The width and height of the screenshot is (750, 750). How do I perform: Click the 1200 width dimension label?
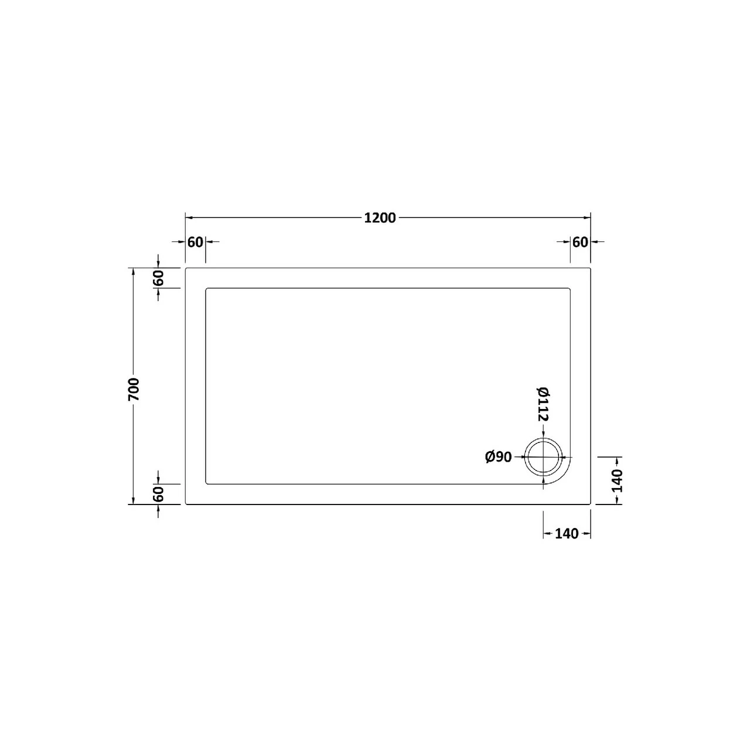point(380,218)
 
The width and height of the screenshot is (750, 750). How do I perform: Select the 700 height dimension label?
point(134,390)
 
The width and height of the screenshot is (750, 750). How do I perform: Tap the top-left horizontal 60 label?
point(196,241)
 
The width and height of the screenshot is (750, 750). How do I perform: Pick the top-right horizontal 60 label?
point(580,241)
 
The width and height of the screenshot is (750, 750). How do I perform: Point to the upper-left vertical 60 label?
point(158,278)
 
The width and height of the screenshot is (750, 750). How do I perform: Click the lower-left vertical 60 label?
point(158,493)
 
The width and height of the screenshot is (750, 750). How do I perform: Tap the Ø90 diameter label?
point(499,457)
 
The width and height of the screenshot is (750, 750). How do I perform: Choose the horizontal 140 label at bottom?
point(567,533)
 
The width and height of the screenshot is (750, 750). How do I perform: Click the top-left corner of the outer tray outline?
point(186,268)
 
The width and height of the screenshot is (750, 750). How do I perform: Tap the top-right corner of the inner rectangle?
point(570,289)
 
